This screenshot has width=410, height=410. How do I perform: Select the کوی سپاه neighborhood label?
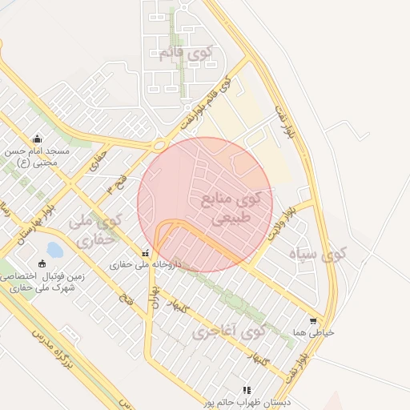pyautogui.click(x=318, y=255)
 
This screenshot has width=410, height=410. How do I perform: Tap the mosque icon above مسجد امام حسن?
pyautogui.click(x=37, y=139)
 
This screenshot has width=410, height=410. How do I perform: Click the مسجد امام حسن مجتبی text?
pyautogui.click(x=38, y=158)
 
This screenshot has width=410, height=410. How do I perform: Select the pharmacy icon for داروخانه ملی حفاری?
pyautogui.click(x=145, y=251)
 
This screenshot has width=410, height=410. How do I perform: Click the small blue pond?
pyautogui.click(x=54, y=251)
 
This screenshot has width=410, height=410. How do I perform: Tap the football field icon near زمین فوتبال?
pyautogui.click(x=42, y=263)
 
